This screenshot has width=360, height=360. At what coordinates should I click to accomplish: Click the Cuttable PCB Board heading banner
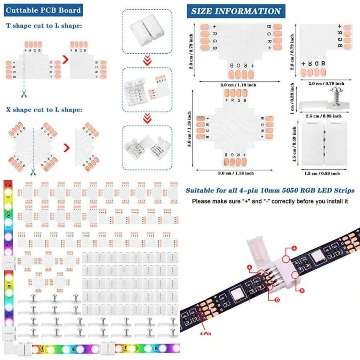coord(43,10)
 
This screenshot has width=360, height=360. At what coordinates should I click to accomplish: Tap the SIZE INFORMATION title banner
coord(236,11)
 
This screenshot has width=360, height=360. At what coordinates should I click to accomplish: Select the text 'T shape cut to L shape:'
coord(44,26)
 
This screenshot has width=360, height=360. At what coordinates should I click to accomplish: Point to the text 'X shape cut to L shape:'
coord(44,110)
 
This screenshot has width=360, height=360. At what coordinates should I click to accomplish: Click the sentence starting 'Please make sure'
coord(270,201)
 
